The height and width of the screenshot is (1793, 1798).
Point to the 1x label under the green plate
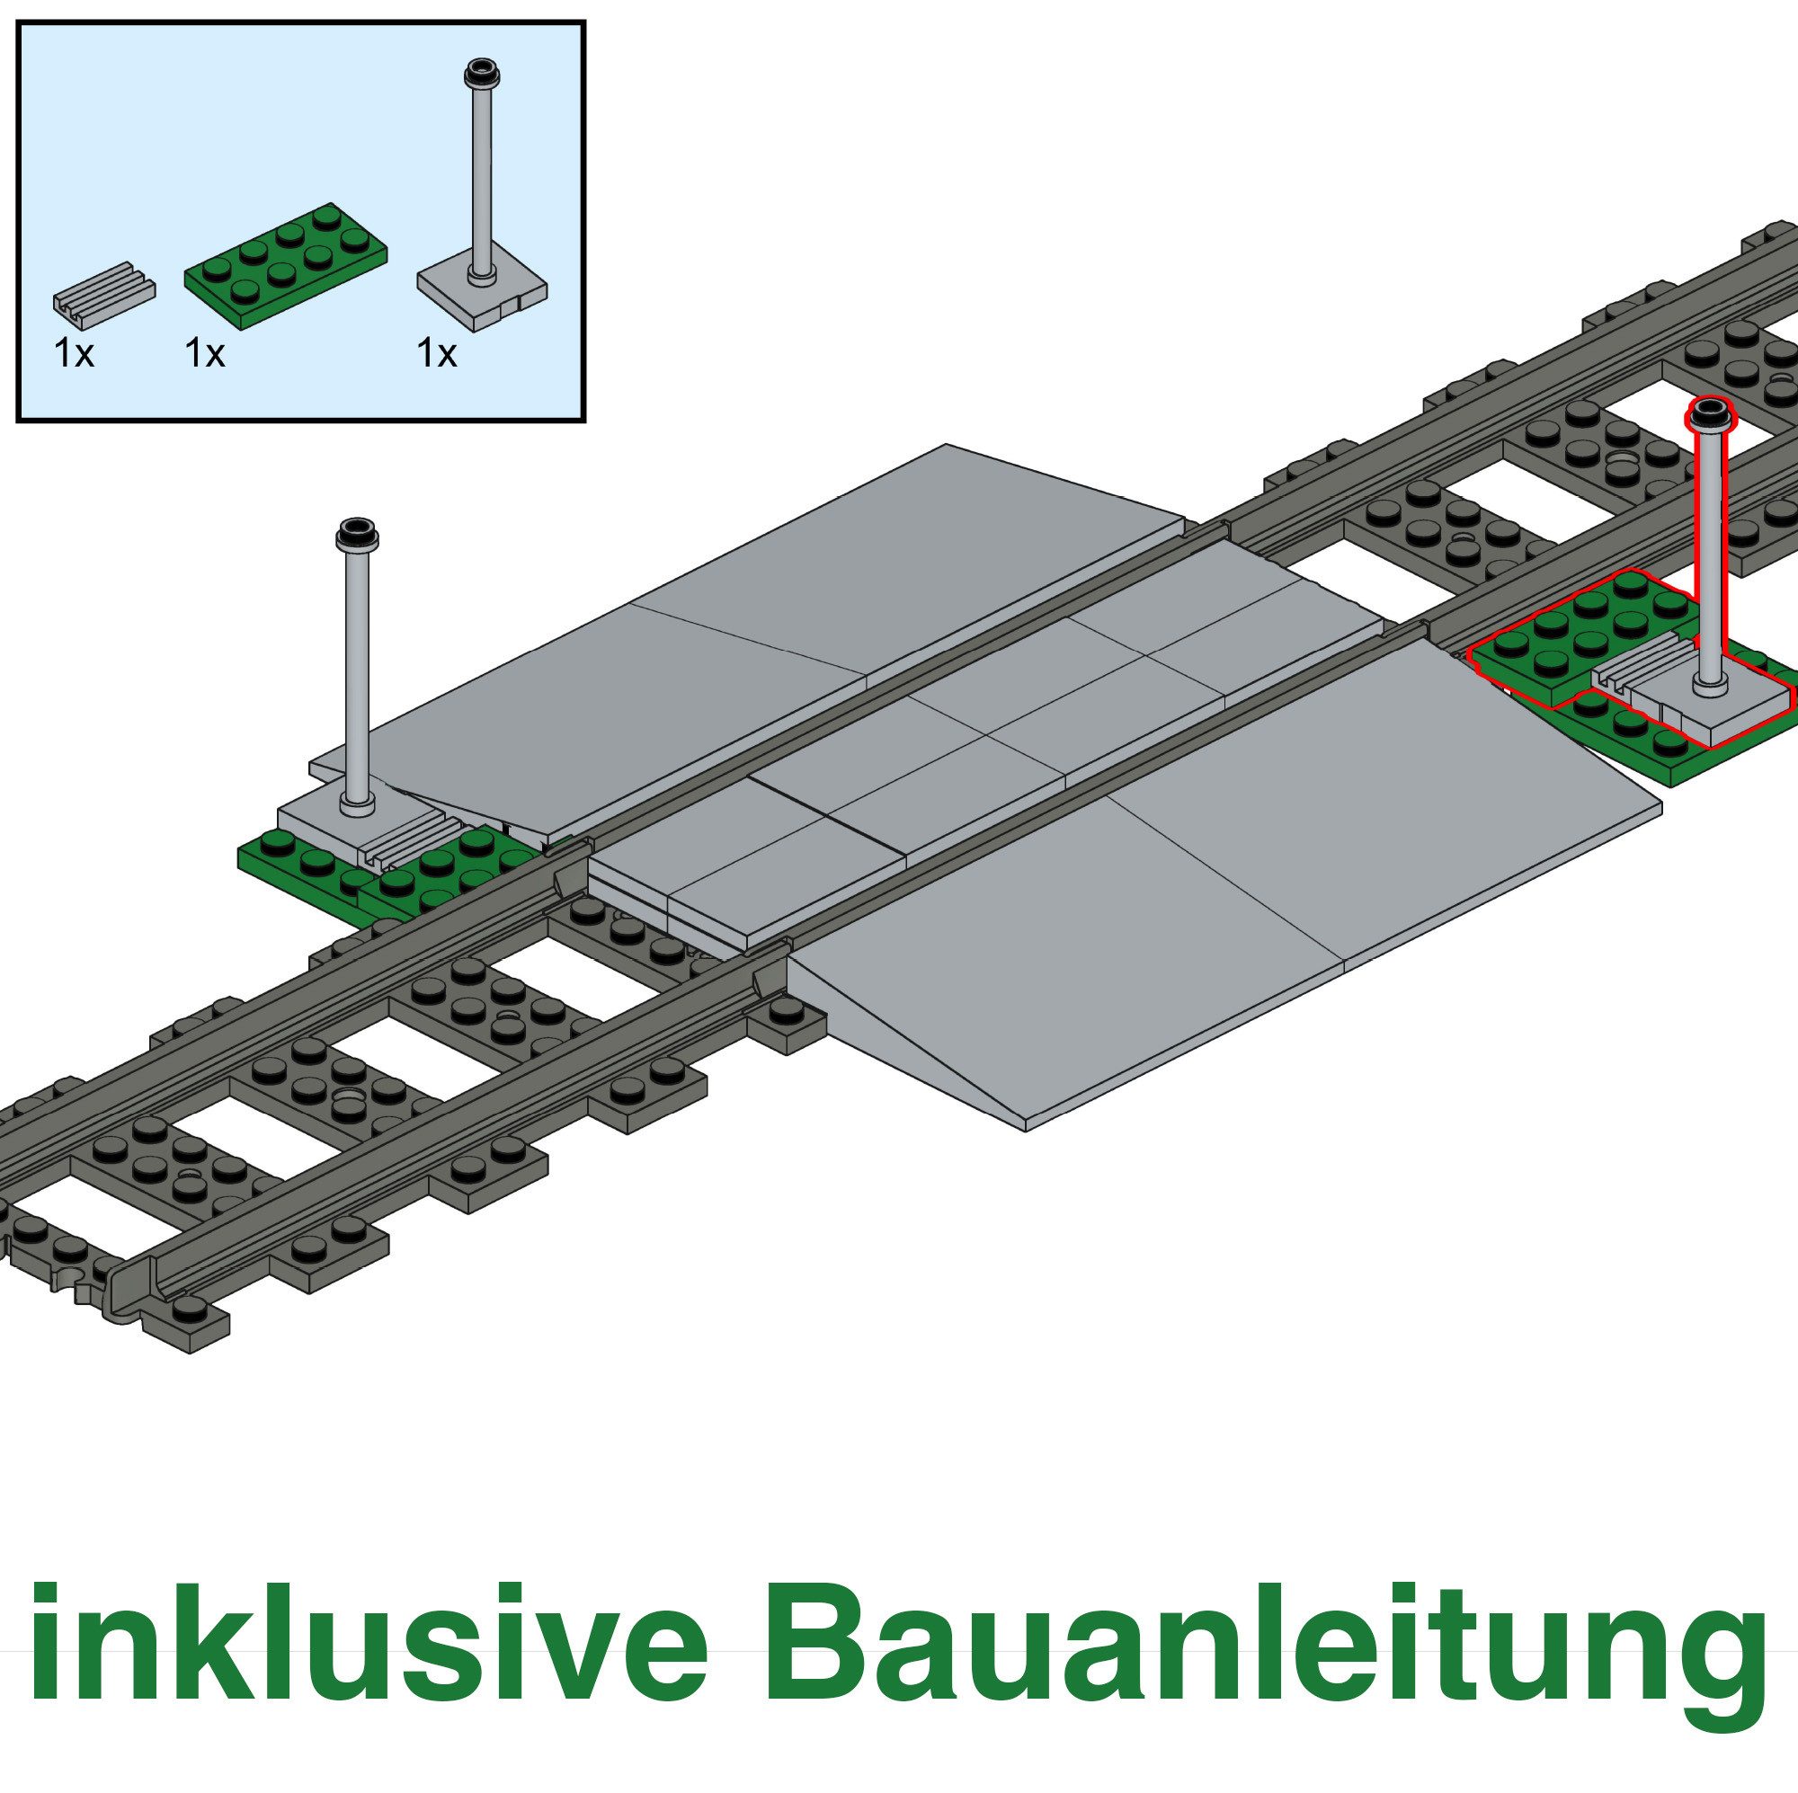point(205,354)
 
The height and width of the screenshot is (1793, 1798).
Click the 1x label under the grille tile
point(75,354)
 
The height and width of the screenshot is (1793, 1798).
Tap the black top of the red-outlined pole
point(1711,413)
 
